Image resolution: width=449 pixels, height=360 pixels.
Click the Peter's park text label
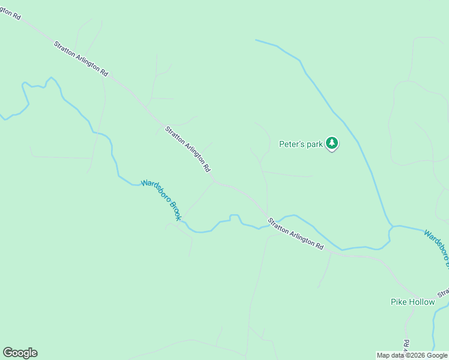pyautogui.click(x=301, y=144)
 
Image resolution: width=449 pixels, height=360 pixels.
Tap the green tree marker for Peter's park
pyautogui.click(x=332, y=143)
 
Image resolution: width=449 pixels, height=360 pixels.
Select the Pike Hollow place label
pyautogui.click(x=412, y=302)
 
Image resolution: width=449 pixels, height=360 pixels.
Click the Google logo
pyautogui.click(x=20, y=353)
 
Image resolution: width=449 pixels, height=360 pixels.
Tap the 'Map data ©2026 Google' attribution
pyautogui.click(x=412, y=355)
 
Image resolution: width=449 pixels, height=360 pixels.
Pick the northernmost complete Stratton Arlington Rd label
pyautogui.click(x=81, y=58)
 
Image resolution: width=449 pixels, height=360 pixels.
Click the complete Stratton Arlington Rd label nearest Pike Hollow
pyautogui.click(x=295, y=234)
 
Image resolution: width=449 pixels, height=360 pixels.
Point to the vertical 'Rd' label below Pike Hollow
pyautogui.click(x=406, y=347)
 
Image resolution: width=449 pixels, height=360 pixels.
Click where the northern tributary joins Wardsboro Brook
pyautogui.click(x=391, y=227)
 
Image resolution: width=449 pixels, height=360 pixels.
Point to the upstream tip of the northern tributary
pyautogui.click(x=256, y=40)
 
